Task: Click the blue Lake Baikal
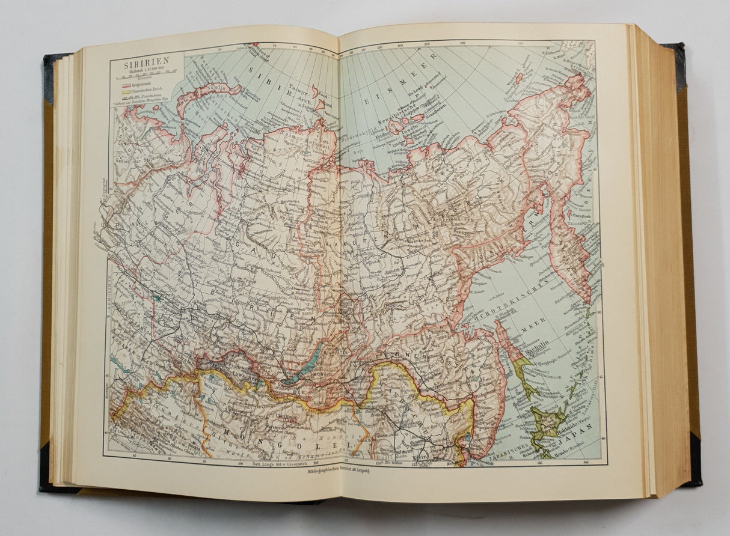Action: tap(300, 370)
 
